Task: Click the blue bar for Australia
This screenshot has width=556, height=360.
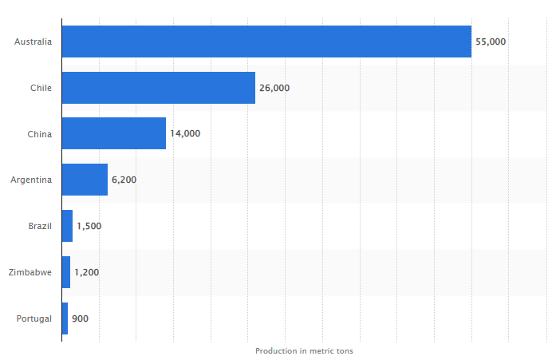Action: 266,42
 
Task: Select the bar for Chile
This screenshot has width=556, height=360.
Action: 158,88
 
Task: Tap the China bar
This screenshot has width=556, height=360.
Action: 113,133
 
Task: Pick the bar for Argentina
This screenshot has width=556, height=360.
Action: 85,180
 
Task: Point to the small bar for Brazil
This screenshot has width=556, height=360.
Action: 67,226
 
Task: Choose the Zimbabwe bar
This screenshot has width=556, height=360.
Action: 66,272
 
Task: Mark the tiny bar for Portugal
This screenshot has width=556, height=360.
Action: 65,318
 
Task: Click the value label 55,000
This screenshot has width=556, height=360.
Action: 491,42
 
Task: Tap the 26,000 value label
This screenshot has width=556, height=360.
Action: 274,88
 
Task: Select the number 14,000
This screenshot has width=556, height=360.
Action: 185,133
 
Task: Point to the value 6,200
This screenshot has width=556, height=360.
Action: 124,180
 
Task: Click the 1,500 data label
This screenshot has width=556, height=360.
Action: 89,226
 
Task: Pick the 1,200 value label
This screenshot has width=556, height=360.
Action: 86,272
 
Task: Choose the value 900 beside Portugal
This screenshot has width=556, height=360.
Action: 80,318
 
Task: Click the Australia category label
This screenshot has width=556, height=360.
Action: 33,42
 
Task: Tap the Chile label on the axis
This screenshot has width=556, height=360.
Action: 41,88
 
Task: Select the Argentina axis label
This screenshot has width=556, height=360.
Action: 31,180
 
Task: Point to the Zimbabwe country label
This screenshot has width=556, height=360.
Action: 30,272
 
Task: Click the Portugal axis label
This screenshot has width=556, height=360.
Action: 34,318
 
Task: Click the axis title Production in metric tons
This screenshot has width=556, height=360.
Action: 304,350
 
